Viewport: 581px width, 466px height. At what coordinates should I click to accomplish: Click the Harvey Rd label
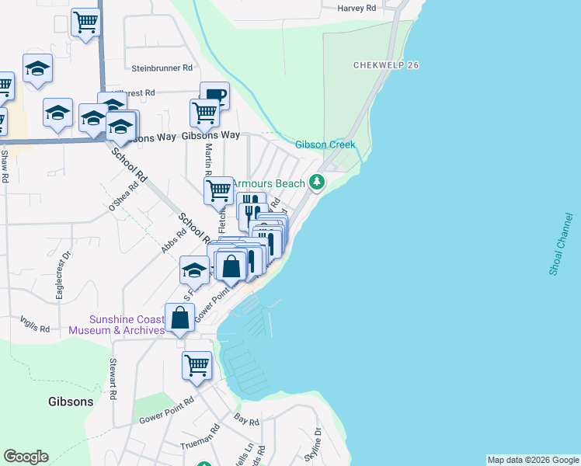[x=357, y=9]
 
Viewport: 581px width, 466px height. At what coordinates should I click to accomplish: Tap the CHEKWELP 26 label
[x=386, y=65]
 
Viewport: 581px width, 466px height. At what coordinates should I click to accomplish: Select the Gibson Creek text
[x=325, y=145]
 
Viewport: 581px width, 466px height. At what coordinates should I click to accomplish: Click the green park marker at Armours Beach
[x=316, y=183]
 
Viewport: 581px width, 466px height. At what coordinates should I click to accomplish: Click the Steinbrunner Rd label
[x=162, y=68]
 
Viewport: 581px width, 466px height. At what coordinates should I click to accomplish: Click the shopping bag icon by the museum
[x=180, y=318]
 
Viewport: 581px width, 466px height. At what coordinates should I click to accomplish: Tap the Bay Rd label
[x=247, y=420]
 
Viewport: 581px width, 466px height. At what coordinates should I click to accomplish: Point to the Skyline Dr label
[x=313, y=444]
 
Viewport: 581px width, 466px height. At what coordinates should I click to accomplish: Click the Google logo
[x=26, y=457]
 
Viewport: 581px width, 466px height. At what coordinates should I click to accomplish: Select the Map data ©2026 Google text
[x=533, y=460]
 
